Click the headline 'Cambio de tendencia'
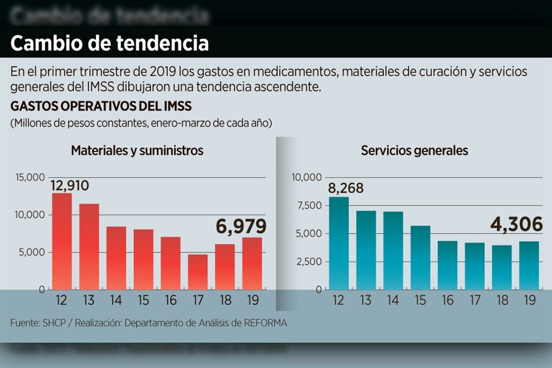(x=109, y=43)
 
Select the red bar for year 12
(x=62, y=241)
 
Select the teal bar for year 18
(x=502, y=267)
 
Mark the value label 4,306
(x=516, y=224)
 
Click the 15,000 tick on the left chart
(x=30, y=178)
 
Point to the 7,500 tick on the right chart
(x=308, y=206)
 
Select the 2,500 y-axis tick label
(x=308, y=262)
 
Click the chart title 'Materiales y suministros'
(x=137, y=151)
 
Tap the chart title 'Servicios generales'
(x=414, y=151)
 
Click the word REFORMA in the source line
(x=263, y=323)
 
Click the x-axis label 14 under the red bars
(x=116, y=300)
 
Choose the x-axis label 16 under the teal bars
(x=447, y=300)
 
